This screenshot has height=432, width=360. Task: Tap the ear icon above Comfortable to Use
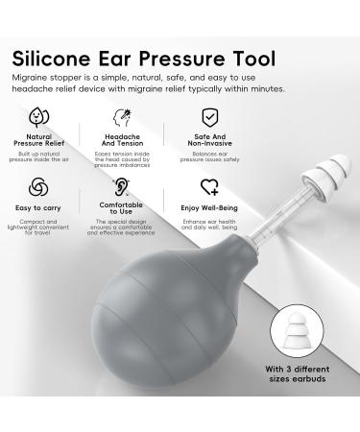122,186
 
